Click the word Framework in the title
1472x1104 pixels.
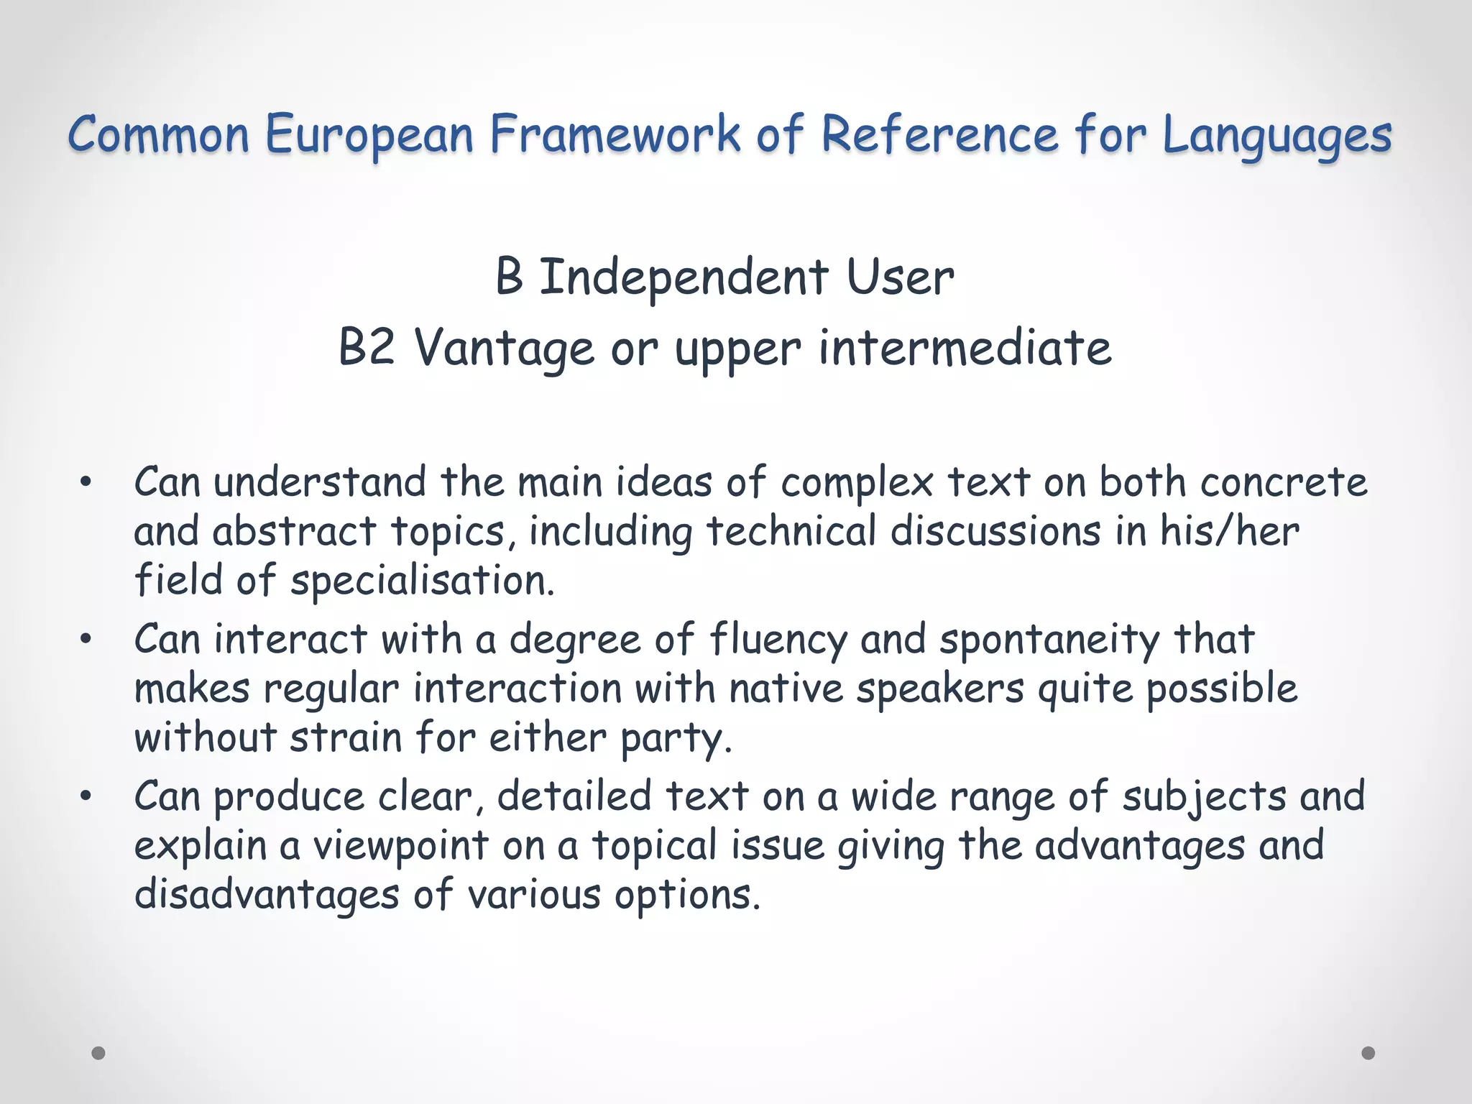point(615,134)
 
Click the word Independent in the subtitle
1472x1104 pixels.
point(684,277)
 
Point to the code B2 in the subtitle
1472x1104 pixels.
point(367,348)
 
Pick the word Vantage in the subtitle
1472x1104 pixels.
point(505,349)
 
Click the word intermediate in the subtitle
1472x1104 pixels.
point(965,348)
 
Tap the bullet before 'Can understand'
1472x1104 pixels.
point(86,483)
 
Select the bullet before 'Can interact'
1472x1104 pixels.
point(86,640)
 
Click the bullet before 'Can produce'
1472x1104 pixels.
point(86,796)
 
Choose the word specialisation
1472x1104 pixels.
point(422,581)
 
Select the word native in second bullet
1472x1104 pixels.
point(786,689)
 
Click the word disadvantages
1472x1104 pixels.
point(267,896)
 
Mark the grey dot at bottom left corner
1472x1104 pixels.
point(98,1053)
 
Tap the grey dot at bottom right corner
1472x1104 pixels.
point(1368,1053)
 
